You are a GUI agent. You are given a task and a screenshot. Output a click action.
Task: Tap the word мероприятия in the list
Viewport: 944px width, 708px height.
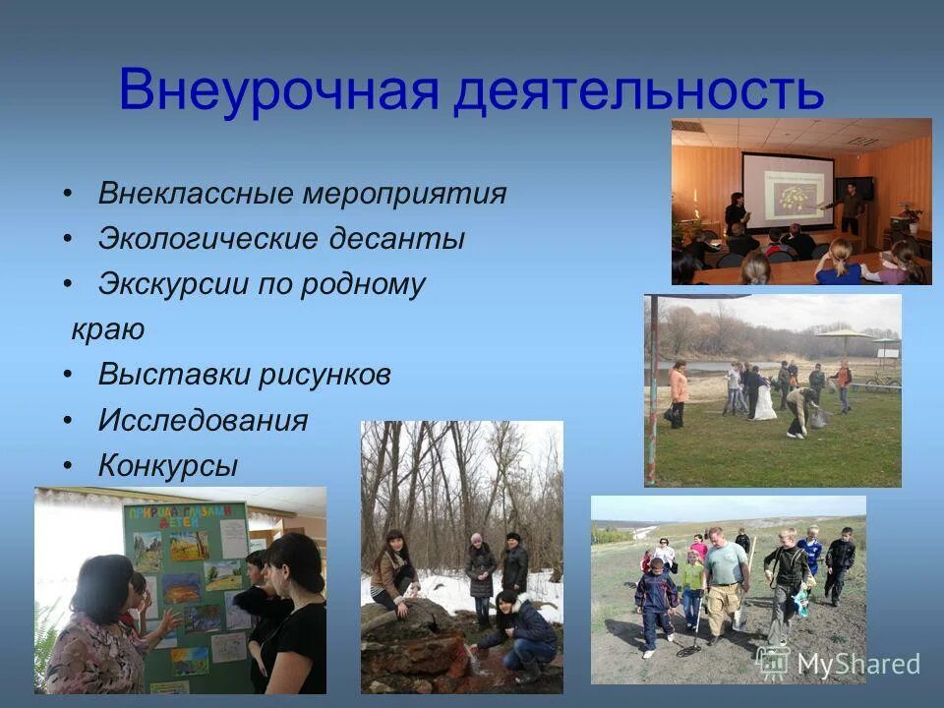(404, 194)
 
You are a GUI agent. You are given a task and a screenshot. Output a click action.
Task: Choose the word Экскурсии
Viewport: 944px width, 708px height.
(171, 284)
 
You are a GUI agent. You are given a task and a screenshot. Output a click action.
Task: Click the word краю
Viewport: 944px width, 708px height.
(108, 329)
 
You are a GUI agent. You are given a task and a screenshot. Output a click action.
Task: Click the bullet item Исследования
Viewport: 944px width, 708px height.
(203, 421)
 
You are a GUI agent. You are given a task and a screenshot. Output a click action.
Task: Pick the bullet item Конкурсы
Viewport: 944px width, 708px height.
(167, 466)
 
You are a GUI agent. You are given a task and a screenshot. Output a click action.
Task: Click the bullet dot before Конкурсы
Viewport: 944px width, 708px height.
(67, 466)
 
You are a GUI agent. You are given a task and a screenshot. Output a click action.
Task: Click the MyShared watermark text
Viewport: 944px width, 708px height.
(857, 664)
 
